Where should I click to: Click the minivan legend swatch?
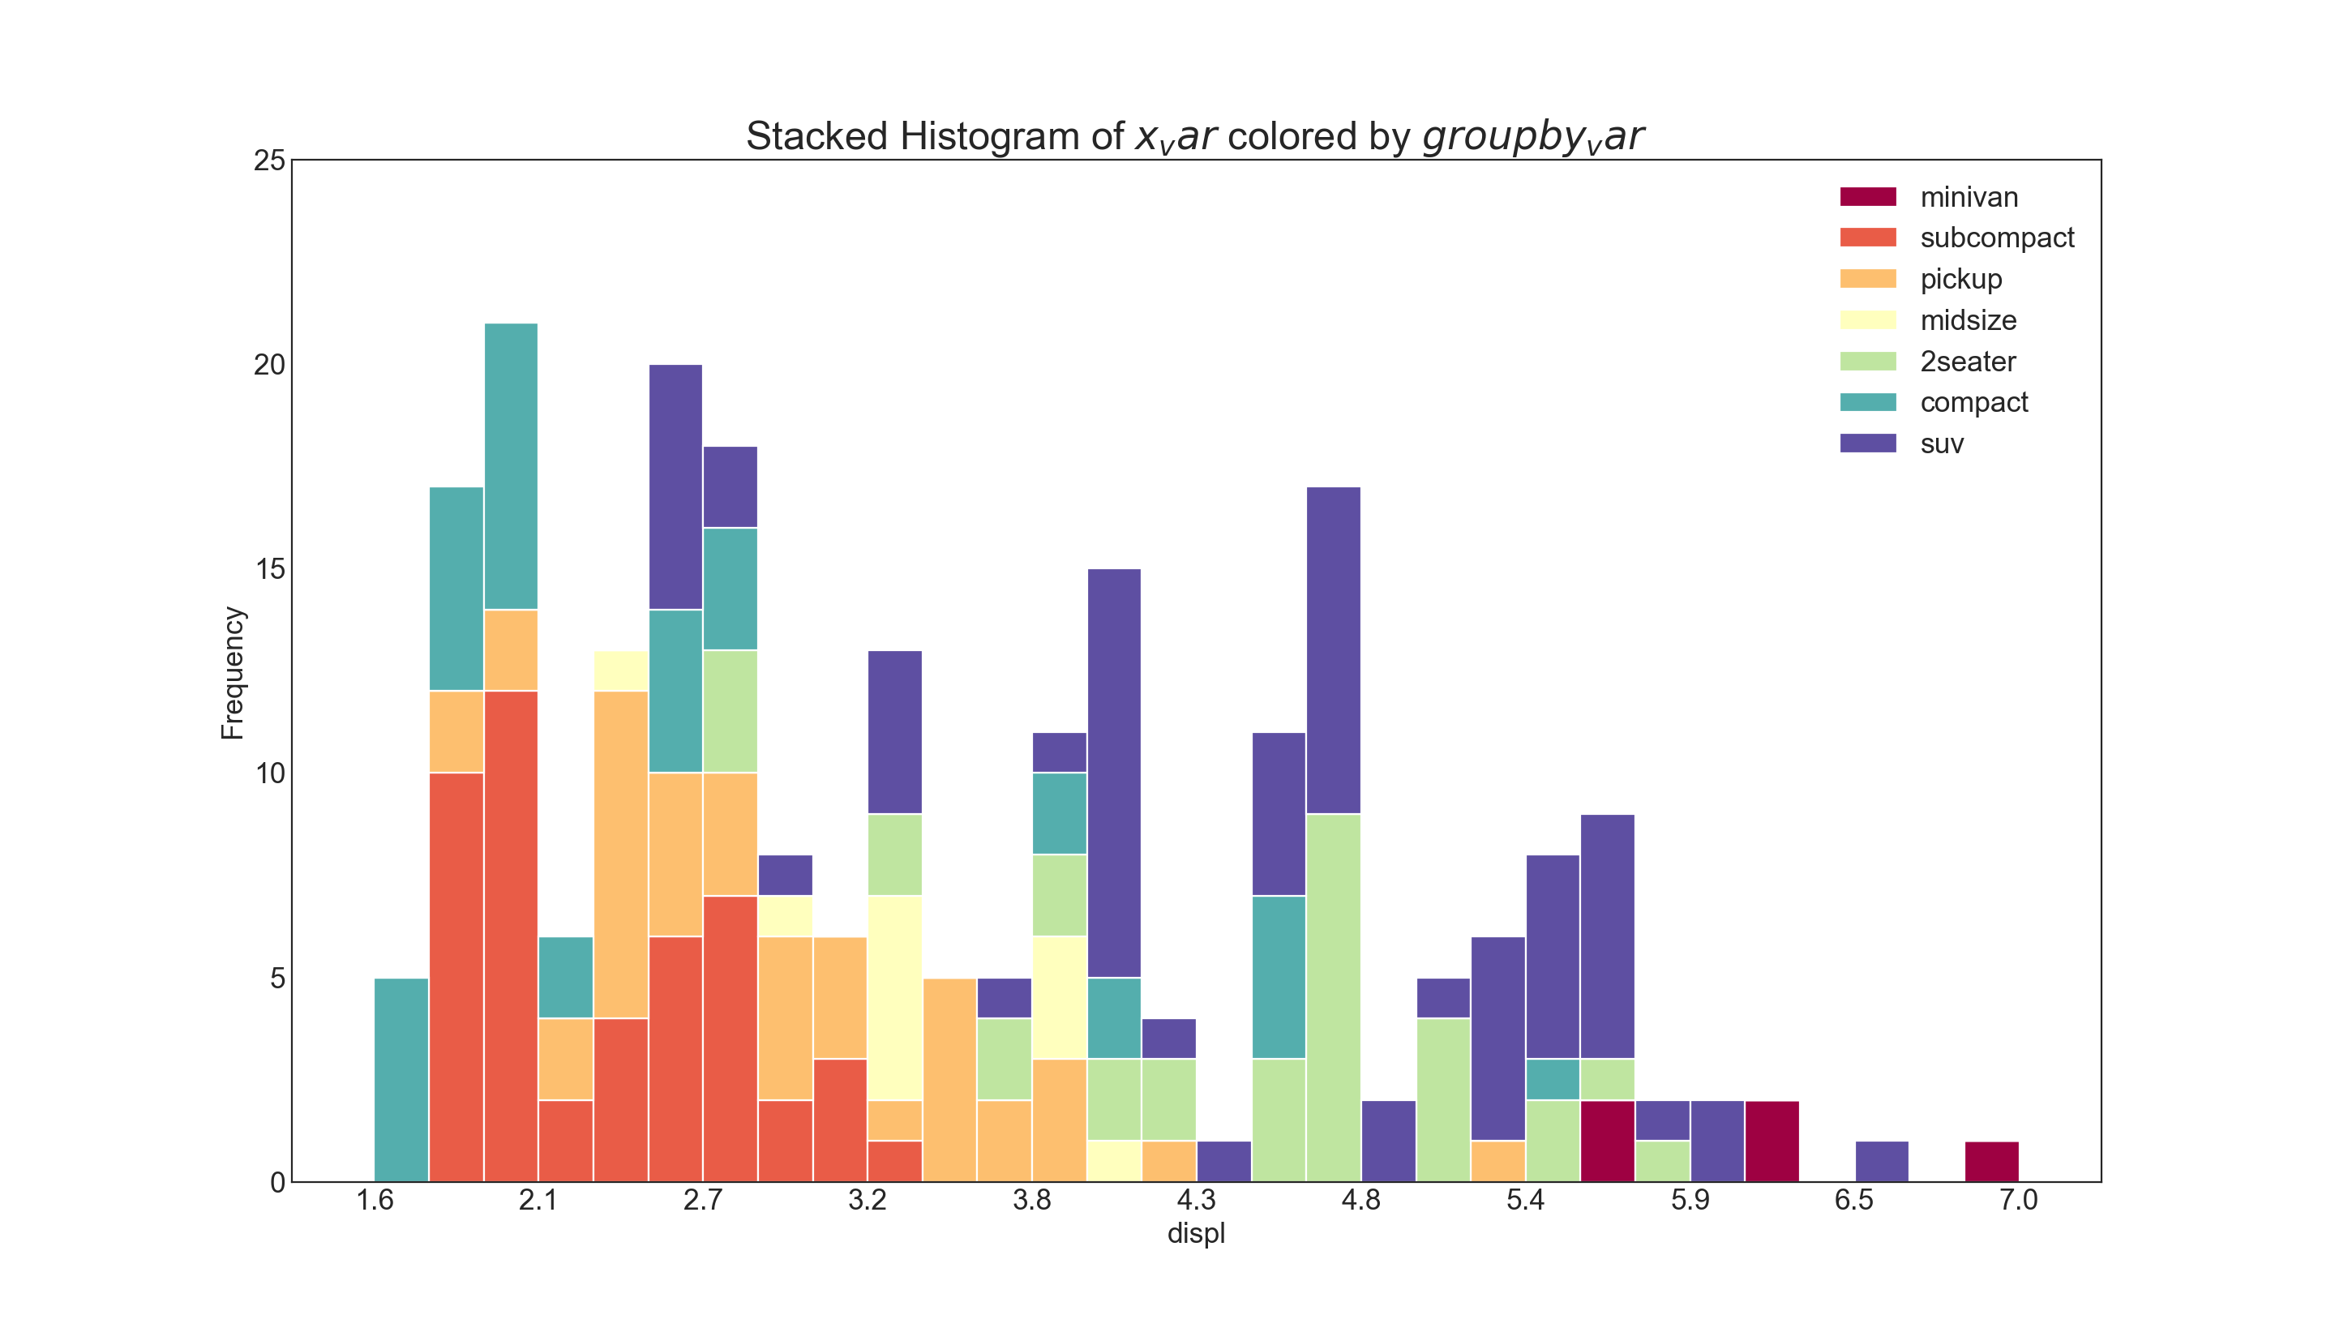click(x=1867, y=197)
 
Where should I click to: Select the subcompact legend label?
click(x=1997, y=238)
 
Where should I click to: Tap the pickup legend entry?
click(x=1960, y=279)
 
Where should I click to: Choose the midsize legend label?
click(x=1968, y=320)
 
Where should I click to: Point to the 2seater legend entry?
click(x=1968, y=362)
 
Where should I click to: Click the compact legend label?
click(x=1973, y=402)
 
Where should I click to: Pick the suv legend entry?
click(x=1941, y=444)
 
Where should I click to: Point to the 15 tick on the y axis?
click(x=270, y=569)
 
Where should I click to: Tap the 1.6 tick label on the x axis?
click(x=375, y=1199)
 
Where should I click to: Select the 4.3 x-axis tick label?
click(x=1196, y=1199)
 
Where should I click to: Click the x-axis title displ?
click(x=1196, y=1233)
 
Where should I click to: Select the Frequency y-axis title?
click(x=233, y=672)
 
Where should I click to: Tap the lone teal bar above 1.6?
click(x=401, y=1080)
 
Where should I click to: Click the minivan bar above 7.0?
click(x=1991, y=1161)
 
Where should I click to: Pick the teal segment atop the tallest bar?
click(x=511, y=466)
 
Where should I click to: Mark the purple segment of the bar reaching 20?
click(x=675, y=487)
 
